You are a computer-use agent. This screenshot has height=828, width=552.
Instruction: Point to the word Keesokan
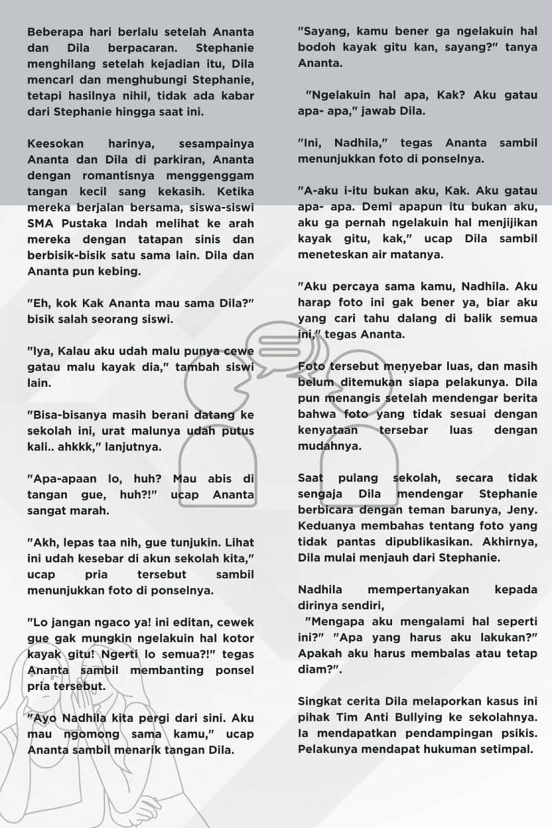click(x=56, y=144)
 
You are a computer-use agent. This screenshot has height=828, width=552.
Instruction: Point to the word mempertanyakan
click(x=419, y=590)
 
